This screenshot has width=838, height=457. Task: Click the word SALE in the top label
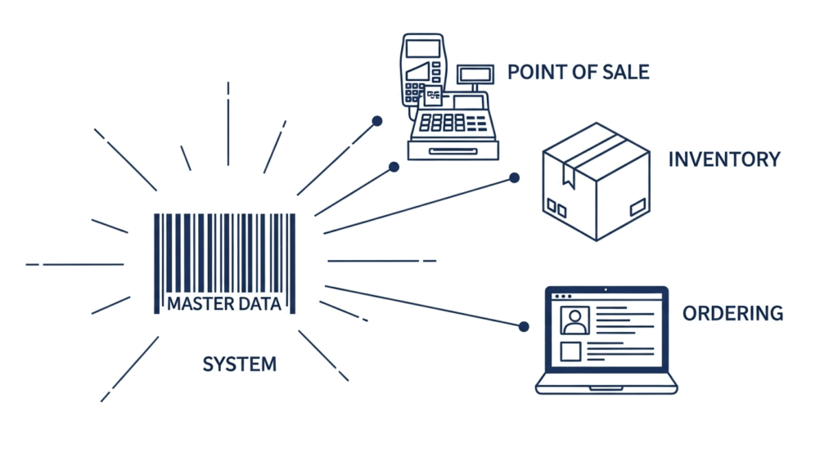pos(625,72)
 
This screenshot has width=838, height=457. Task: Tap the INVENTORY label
pos(724,159)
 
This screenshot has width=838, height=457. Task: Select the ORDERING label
pos(732,313)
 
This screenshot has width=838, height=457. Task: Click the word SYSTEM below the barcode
pos(239,364)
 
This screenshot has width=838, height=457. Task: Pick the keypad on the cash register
pos(442,123)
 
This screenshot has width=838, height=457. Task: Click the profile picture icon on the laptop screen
pos(574,320)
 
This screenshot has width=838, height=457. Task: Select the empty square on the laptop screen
pos(570,352)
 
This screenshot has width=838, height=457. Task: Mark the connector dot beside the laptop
pos(524,326)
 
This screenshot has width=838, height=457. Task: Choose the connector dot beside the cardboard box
pos(515,177)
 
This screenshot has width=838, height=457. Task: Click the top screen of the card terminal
pos(421,47)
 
